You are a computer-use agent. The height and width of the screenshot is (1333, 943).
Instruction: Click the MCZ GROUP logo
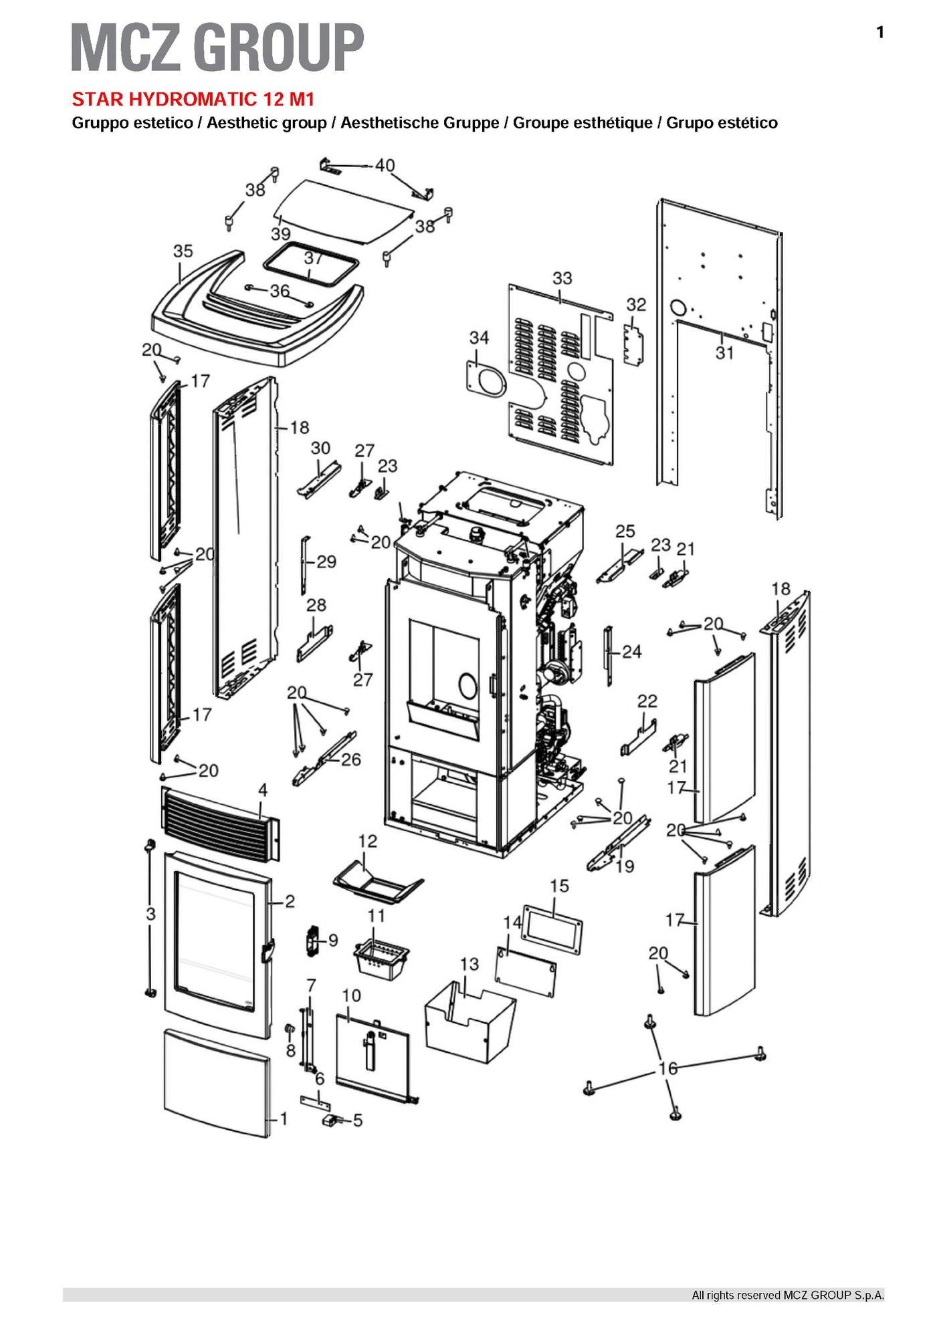tap(217, 47)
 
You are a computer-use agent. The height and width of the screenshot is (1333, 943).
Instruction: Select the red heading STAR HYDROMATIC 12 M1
tap(193, 100)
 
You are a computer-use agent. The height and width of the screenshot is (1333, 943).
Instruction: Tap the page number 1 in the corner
tap(880, 32)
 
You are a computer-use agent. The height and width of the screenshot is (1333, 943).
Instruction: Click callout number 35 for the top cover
tap(183, 251)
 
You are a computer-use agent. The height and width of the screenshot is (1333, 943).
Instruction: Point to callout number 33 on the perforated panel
tap(562, 277)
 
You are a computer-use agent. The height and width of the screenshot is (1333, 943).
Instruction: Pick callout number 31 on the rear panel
tap(724, 352)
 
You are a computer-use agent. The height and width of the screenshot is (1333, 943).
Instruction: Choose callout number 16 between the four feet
tap(668, 1068)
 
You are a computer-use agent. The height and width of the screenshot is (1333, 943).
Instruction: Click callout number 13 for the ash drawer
tap(469, 964)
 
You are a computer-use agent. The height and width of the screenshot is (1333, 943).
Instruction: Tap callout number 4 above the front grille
tap(263, 790)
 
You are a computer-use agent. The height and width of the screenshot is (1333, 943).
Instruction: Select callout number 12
tap(368, 841)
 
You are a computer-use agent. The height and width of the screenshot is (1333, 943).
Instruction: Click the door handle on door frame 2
tap(268, 951)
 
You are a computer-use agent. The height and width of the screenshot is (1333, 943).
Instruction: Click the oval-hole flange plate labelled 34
tap(485, 382)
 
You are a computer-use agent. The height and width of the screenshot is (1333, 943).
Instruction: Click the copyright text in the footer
tap(787, 1296)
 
